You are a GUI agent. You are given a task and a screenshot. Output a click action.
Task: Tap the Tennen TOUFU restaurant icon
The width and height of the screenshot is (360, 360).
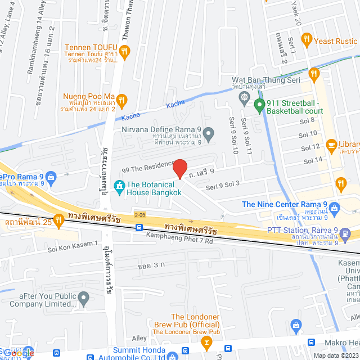coord(125,51)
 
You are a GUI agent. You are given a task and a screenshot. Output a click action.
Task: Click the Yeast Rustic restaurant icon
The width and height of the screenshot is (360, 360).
coord(307,39)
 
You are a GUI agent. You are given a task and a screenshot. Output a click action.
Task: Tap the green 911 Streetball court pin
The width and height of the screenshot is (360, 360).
coord(259,105)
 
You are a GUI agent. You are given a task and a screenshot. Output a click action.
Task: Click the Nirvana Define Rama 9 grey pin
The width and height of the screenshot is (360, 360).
coord(209,134)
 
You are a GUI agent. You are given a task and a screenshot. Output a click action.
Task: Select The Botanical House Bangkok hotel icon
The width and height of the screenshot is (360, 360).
coord(119,185)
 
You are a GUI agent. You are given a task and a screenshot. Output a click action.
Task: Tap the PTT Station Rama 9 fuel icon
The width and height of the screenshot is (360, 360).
coord(344,233)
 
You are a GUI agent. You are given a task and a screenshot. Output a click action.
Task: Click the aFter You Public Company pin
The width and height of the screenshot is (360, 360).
coord(84,298)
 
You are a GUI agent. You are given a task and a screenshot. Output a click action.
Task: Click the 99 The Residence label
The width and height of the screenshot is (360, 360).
coord(148,166)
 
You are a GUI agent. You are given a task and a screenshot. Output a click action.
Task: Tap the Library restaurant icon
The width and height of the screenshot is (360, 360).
coord(331,145)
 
